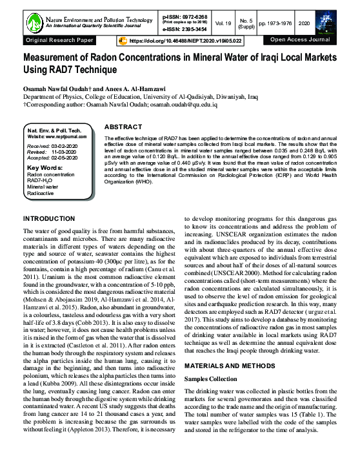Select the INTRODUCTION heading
coord(49,219)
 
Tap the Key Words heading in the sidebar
coord(44,168)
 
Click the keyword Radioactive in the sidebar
coord(41,192)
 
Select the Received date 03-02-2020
coord(65,147)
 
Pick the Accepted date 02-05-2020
coord(66,158)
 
